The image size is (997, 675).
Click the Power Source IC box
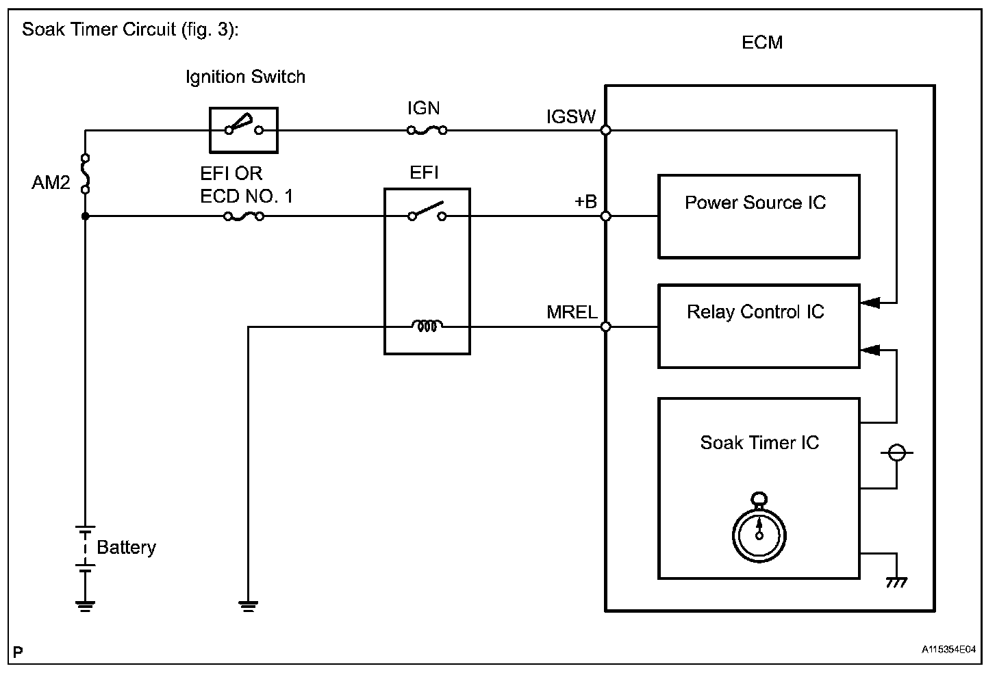[x=758, y=216]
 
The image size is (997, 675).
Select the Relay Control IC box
[x=758, y=327]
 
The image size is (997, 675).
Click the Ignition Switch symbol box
[x=243, y=129]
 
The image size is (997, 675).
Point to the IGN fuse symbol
[x=427, y=129]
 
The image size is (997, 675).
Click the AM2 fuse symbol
[x=85, y=174]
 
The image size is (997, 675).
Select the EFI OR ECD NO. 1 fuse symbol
[x=244, y=216]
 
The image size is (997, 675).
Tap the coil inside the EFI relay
[x=427, y=327]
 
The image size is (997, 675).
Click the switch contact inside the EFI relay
[x=427, y=212]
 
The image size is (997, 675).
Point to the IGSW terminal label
[x=571, y=117]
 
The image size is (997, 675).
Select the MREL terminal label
[x=572, y=313]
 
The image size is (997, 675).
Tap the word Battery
[x=126, y=547]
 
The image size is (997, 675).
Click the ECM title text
[x=761, y=42]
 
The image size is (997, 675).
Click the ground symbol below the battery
[x=85, y=604]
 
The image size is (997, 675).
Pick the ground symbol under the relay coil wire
[x=248, y=604]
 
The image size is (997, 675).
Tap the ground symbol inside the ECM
[x=896, y=582]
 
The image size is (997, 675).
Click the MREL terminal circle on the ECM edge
[x=606, y=327]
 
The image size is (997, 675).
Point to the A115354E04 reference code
[x=948, y=649]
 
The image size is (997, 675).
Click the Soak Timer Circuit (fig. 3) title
[x=130, y=30]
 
